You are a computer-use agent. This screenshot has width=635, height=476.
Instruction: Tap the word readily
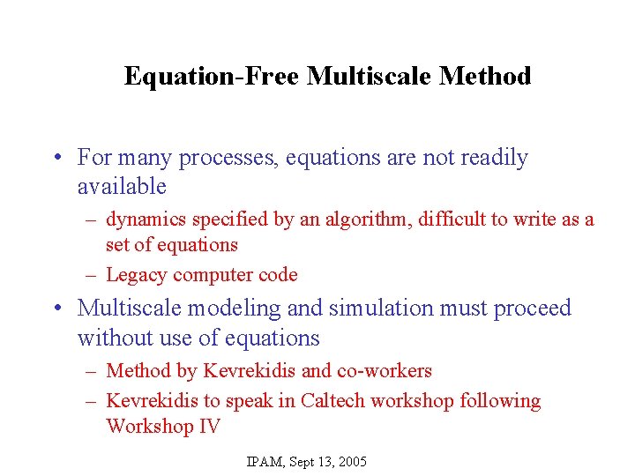tap(491, 159)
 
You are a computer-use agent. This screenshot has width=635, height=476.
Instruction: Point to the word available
tap(122, 187)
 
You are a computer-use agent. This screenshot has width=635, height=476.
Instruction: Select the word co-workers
tap(385, 371)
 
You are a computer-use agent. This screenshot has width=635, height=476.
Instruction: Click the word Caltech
tap(332, 401)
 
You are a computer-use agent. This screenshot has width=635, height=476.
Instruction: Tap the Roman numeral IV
tap(208, 427)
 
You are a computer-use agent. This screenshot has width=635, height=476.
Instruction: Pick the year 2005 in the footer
tap(351, 462)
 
